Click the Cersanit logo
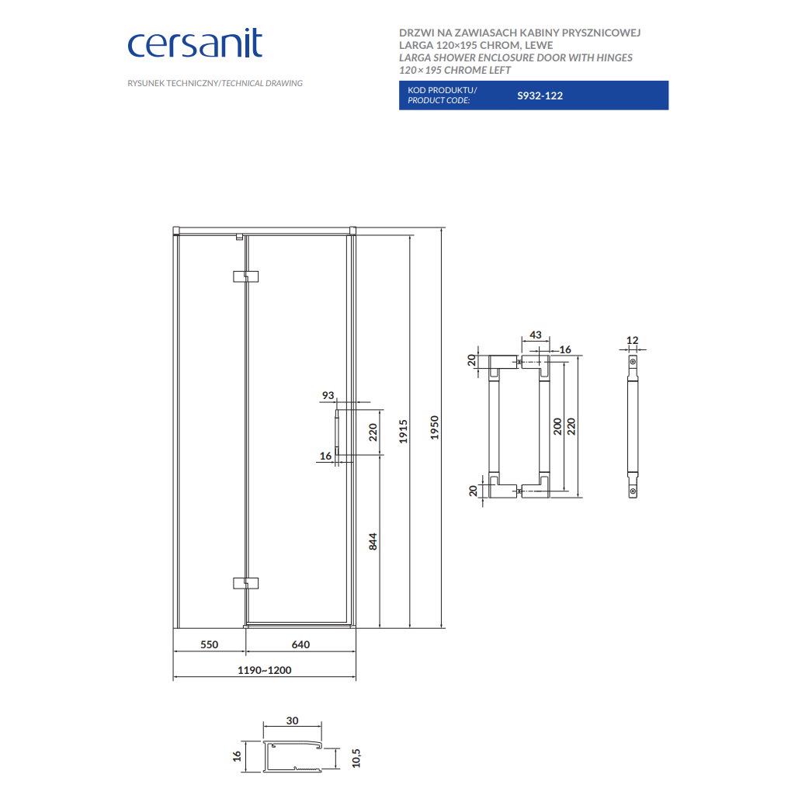point(195,43)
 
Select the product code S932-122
point(540,95)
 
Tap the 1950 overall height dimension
point(435,428)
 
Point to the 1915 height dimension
point(403,431)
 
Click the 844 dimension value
point(373,541)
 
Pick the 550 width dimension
point(209,644)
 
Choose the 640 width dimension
point(300,644)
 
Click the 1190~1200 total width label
point(265,670)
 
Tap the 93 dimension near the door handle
point(328,395)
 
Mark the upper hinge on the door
point(246,276)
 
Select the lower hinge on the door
point(246,583)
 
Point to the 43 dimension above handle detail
point(536,335)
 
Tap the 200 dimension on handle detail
point(557,426)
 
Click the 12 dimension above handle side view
point(632,340)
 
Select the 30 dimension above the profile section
point(292,720)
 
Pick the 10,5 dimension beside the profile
point(356,758)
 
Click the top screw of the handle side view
point(633,362)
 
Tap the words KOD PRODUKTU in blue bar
point(442,90)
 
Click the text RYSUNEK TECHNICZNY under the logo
point(173,83)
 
